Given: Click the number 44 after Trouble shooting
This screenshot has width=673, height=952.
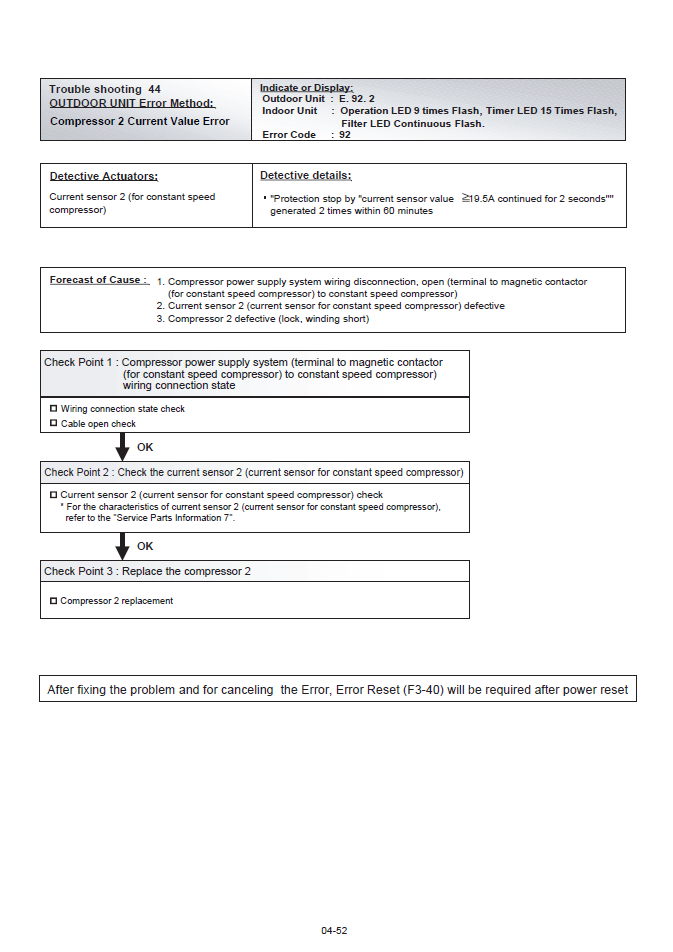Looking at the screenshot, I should click(154, 89).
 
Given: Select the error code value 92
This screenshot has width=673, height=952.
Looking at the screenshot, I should click(345, 134).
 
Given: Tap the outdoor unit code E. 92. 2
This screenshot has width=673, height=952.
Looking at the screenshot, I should click(357, 99).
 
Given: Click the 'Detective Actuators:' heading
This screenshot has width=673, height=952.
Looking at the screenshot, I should click(104, 176).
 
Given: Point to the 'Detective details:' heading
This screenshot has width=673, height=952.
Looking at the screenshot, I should click(306, 175).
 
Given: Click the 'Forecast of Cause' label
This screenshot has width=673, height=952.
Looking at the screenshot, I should click(99, 280).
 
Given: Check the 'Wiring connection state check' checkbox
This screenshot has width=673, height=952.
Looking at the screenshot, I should click(53, 408).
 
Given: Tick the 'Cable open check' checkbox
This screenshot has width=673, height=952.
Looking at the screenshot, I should click(53, 423).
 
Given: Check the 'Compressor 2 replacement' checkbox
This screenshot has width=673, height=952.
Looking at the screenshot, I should click(53, 601).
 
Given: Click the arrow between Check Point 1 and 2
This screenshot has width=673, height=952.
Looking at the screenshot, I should click(123, 447).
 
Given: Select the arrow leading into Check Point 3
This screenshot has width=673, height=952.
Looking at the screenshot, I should click(123, 546).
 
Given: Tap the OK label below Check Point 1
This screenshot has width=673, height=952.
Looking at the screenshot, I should click(145, 447).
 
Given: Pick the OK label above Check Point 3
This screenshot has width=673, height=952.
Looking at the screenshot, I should click(145, 546).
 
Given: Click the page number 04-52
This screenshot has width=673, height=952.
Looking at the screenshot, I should click(334, 930).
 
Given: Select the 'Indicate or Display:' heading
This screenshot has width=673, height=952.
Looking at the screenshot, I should click(306, 87).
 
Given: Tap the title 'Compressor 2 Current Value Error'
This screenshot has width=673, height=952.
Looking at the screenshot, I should click(139, 121).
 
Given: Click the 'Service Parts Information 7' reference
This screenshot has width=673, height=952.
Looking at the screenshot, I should click(173, 518).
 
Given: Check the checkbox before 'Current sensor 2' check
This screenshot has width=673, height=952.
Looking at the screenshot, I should click(53, 494).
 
